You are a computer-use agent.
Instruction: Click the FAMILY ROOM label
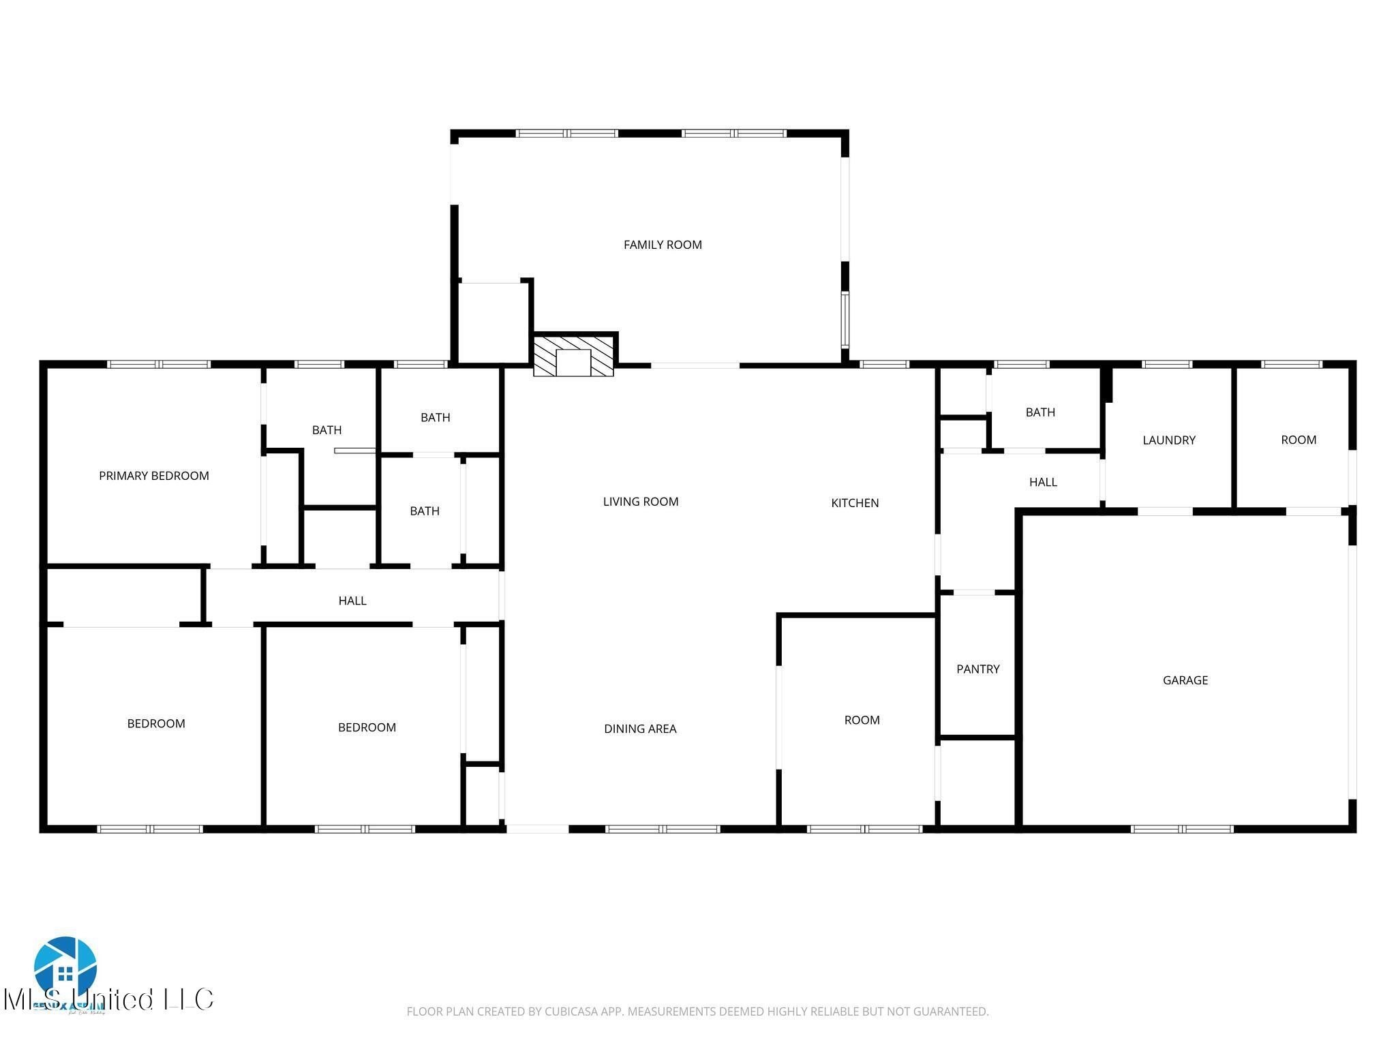(663, 245)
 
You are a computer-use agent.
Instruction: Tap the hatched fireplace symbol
(574, 355)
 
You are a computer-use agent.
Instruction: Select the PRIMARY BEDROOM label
(154, 476)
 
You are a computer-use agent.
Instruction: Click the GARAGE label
(1185, 680)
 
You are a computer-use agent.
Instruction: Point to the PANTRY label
(977, 669)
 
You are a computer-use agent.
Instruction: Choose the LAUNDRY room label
(1169, 440)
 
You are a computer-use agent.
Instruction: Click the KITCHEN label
(855, 503)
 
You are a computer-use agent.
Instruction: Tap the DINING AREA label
(640, 729)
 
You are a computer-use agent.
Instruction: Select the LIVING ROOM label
(641, 502)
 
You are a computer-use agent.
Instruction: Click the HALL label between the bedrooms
(352, 601)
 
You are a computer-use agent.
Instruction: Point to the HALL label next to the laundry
(1043, 483)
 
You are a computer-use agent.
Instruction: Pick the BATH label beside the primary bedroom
(327, 430)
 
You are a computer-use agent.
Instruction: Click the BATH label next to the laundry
(1040, 412)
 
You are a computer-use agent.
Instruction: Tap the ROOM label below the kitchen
(862, 720)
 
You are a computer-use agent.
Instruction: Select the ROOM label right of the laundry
(1299, 440)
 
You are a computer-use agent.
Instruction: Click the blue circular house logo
(65, 967)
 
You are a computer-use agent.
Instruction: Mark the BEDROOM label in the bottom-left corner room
(156, 724)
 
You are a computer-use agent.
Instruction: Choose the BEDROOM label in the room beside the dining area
(367, 727)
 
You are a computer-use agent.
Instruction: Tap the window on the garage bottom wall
(1182, 830)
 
